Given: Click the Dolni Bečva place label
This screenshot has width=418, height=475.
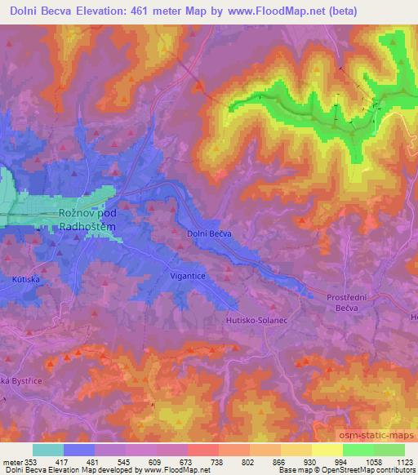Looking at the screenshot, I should (210, 233).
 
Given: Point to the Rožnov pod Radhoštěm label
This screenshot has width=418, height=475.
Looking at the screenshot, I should (90, 220).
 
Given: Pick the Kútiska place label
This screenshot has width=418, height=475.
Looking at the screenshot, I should (25, 279).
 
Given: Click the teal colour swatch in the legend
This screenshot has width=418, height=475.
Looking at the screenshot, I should (48, 449).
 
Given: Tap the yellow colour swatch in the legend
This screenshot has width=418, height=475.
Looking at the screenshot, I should (327, 449).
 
